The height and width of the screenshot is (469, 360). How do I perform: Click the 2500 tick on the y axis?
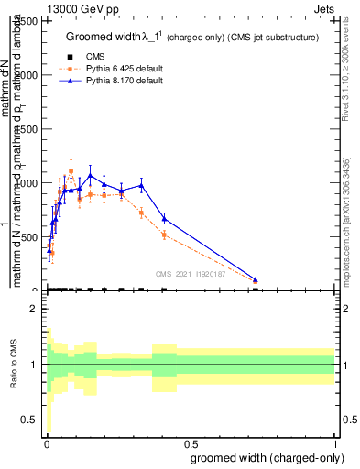[29, 21]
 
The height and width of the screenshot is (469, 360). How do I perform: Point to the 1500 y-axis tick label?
[29, 129]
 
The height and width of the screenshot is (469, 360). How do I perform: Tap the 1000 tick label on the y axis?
[29, 183]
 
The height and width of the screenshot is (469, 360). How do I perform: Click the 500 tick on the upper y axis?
[32, 237]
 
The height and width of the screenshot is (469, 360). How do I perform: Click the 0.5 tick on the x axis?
[190, 444]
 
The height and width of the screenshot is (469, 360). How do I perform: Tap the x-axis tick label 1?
[333, 444]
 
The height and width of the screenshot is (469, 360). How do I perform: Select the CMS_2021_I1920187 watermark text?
[190, 273]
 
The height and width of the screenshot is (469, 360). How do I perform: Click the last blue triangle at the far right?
[256, 279]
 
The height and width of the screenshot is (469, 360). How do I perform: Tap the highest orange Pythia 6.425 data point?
[71, 171]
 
